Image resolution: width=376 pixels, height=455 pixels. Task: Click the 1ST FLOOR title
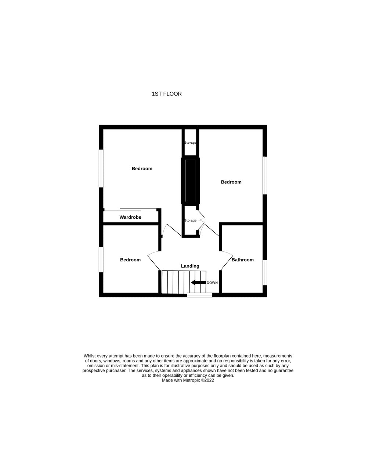[167, 94]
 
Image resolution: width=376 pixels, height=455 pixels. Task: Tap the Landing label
[190, 266]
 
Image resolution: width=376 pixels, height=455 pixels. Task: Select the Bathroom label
[243, 260]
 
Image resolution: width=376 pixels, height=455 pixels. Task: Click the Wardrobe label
[130, 217]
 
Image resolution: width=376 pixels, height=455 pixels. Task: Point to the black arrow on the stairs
[198, 283]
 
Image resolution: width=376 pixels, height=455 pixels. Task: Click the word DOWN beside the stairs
[212, 283]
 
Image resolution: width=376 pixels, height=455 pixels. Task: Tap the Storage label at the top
[190, 143]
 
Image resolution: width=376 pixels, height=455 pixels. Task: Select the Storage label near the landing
[190, 221]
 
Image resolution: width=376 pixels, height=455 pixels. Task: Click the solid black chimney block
[190, 181]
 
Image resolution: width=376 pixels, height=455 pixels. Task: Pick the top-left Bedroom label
[142, 169]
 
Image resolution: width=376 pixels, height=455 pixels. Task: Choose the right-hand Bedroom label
[231, 182]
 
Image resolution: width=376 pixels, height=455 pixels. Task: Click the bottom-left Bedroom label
[130, 260]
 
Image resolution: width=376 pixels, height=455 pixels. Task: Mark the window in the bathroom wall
[265, 272]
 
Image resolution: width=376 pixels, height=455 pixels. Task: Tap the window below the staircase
[200, 295]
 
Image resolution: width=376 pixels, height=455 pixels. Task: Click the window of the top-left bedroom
[101, 168]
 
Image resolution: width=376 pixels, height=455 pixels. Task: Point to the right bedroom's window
[265, 175]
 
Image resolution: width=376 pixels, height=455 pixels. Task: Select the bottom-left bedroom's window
[101, 259]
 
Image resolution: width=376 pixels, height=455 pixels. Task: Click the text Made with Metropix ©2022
[188, 380]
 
